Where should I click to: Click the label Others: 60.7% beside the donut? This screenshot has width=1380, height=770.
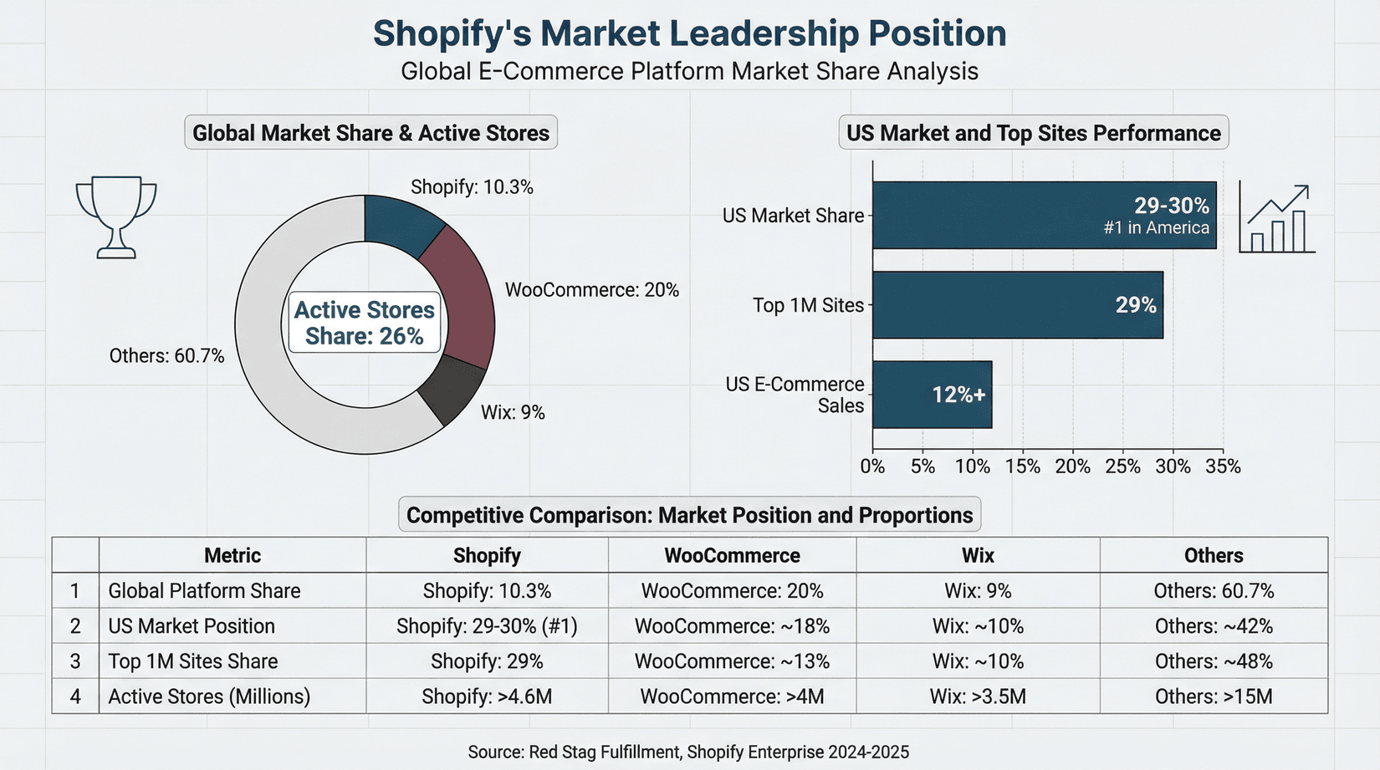166,356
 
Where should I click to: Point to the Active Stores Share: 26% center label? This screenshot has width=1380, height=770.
364,323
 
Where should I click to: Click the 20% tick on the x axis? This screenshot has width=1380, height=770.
1072,467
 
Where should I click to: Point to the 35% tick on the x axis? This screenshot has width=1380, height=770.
1223,467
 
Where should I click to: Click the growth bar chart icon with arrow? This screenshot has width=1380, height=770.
1276,220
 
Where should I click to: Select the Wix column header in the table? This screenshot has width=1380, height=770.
978,555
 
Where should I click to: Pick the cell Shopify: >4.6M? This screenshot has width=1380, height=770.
487,696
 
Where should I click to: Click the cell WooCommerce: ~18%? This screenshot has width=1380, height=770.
732,626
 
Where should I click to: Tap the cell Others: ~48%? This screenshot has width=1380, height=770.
1214,661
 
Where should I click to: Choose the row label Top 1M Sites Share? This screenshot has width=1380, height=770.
193,661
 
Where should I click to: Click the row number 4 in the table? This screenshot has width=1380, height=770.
75,696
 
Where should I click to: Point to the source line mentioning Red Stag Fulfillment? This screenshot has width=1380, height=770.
687,752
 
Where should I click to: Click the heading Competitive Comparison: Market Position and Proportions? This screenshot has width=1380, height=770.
689,515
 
